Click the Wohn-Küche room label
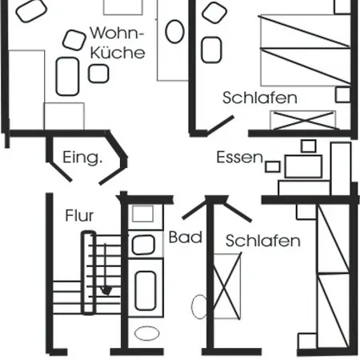(118, 42)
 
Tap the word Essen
(240, 158)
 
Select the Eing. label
(82, 158)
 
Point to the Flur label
(79, 215)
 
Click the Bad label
(186, 237)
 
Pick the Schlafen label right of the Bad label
(263, 241)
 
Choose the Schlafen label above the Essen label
(260, 98)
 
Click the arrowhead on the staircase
(106, 290)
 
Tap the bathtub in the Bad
(146, 290)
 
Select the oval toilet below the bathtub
(147, 334)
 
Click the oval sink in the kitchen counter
(174, 31)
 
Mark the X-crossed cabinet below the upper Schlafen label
(303, 120)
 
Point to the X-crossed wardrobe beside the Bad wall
(227, 286)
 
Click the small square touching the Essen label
(273, 167)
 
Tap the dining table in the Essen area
(303, 166)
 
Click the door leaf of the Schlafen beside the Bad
(238, 212)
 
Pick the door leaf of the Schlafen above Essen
(221, 124)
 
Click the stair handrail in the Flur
(89, 273)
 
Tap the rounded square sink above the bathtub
(143, 245)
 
